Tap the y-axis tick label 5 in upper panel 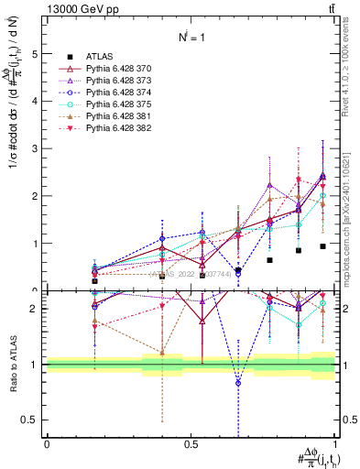[x=35, y=53]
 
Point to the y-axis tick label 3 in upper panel [x=35, y=148]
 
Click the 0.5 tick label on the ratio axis [x=30, y=420]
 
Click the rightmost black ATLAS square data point [x=323, y=246]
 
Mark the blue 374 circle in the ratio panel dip [x=238, y=383]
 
